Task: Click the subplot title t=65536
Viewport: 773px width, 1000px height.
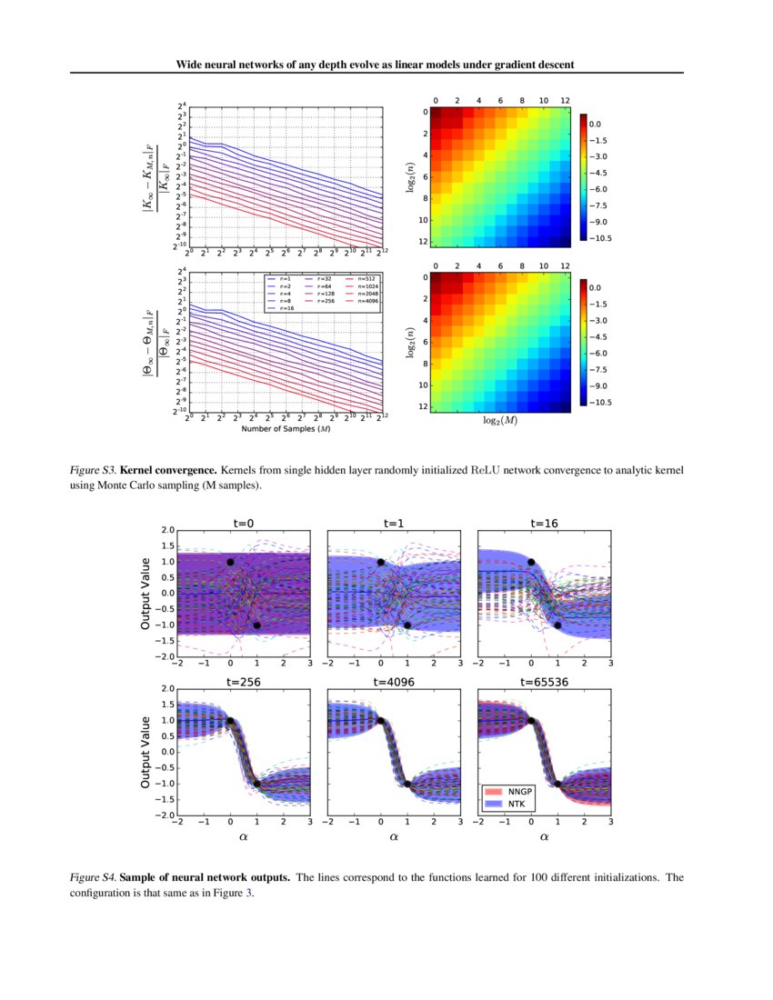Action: (x=544, y=680)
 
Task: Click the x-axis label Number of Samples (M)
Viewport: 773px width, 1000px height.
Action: (x=286, y=429)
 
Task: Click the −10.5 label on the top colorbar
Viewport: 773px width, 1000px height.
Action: (x=599, y=237)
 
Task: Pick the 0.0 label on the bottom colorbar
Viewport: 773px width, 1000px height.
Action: (x=597, y=287)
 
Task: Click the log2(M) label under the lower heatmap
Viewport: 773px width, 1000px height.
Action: (x=499, y=420)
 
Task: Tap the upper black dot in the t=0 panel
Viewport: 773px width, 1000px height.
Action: (x=230, y=563)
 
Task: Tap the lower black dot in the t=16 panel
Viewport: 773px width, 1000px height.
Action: (x=557, y=625)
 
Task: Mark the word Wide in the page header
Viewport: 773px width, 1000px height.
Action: (x=191, y=65)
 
